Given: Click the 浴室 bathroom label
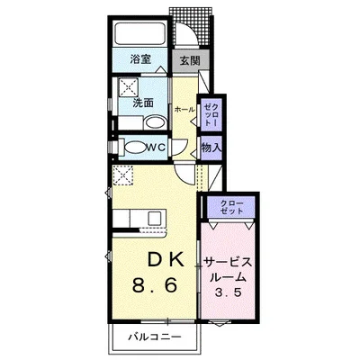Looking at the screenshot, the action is click(140, 59).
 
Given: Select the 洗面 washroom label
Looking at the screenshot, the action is click(143, 103).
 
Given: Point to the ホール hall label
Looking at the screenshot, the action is click(184, 110).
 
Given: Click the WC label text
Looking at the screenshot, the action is click(156, 148).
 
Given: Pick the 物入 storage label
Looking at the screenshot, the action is click(211, 148).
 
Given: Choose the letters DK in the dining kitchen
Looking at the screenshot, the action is click(166, 261).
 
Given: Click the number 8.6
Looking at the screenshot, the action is click(155, 285).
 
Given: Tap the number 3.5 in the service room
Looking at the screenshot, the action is click(228, 292).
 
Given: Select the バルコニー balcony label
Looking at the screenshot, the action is click(155, 337).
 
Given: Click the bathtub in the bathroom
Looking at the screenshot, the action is click(140, 34).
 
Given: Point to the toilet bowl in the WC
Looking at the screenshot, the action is click(135, 148).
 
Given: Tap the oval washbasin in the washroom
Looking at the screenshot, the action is click(155, 123).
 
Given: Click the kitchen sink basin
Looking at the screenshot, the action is click(157, 217).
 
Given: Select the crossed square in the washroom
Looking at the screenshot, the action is click(129, 87).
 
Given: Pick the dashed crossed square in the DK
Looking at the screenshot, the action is click(122, 176).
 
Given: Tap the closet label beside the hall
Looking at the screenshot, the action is click(211, 115).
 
